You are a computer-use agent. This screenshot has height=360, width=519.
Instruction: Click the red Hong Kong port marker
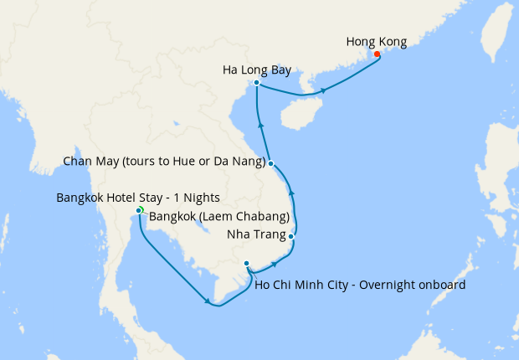(x=377, y=54)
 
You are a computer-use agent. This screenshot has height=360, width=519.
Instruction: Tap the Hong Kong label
(x=376, y=40)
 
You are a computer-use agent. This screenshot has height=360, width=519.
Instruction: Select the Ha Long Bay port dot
(x=256, y=83)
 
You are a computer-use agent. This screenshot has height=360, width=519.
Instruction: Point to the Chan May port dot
(x=271, y=164)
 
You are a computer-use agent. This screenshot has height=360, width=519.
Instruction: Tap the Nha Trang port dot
(x=290, y=237)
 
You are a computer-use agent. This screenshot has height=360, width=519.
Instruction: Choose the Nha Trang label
(x=257, y=234)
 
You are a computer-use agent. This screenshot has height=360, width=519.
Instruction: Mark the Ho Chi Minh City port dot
(x=246, y=264)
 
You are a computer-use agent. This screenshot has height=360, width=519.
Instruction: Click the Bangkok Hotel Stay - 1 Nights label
(x=137, y=198)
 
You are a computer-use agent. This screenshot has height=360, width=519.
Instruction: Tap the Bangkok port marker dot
(x=138, y=210)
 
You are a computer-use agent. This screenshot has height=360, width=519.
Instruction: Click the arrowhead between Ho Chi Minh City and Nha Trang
(x=275, y=264)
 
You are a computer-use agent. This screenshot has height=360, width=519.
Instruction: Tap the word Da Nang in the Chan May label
(x=244, y=161)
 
